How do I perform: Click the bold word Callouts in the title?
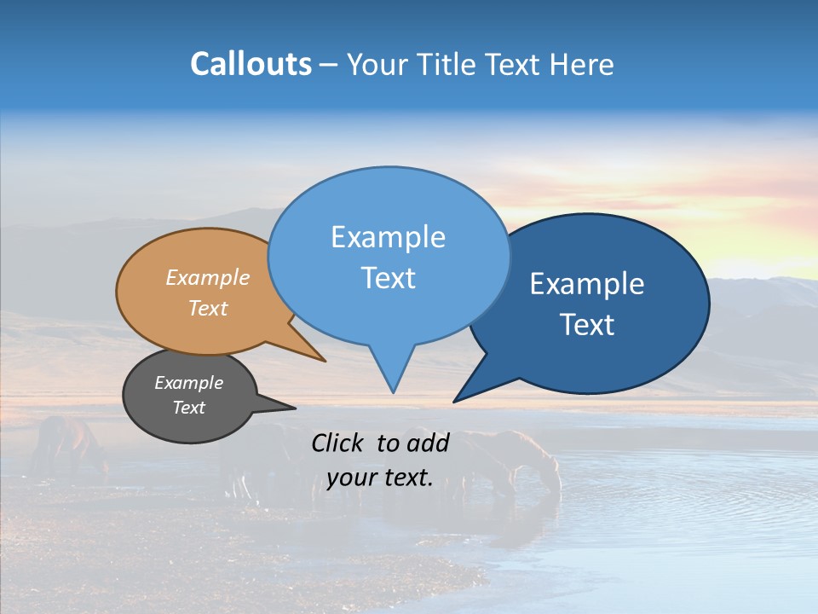(x=251, y=64)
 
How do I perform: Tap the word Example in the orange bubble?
(x=208, y=277)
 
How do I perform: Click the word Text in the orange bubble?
(x=208, y=308)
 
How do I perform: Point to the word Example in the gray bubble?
(x=189, y=383)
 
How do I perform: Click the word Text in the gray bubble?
(x=189, y=408)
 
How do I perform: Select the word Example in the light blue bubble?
(x=388, y=237)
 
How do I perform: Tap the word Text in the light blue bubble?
(x=388, y=278)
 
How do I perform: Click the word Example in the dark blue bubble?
(x=587, y=284)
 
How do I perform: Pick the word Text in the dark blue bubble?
(x=587, y=325)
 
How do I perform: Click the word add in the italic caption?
(x=428, y=443)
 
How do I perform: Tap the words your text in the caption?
(x=380, y=478)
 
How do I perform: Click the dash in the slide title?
(x=330, y=65)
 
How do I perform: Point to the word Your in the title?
(x=378, y=64)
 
